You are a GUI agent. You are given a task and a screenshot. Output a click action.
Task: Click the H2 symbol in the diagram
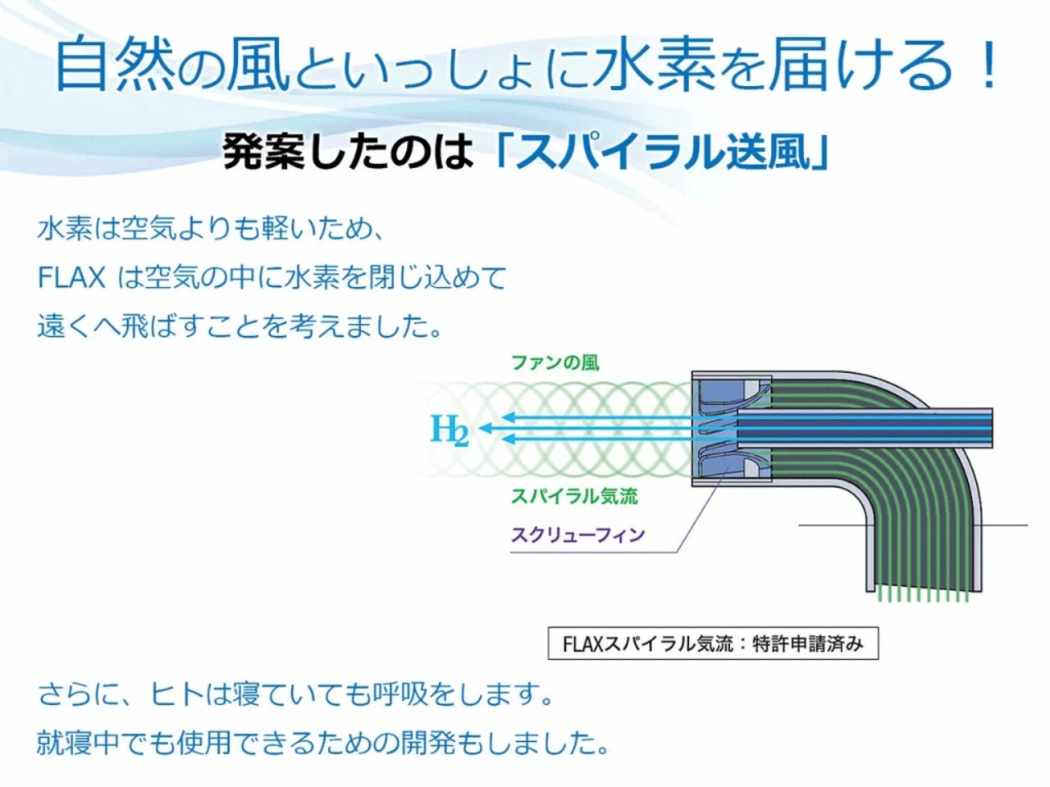pos(450,430)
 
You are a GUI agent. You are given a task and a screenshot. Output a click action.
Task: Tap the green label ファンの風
pos(555,363)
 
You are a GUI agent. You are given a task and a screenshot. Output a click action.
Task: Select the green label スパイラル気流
pos(574,497)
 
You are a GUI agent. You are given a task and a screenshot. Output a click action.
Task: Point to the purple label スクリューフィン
pos(577,535)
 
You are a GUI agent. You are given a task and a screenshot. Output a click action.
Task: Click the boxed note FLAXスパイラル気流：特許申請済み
pos(713,644)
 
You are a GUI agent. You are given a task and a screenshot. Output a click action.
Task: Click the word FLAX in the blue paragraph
pos(71,278)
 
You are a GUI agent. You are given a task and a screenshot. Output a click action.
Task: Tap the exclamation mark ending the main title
pos(987,64)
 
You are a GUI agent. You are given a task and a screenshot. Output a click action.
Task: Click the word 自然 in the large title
pos(115,64)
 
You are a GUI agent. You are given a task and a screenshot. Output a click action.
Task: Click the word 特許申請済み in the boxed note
pos(808,644)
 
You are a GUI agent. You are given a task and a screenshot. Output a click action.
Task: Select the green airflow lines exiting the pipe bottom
pos(923,595)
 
